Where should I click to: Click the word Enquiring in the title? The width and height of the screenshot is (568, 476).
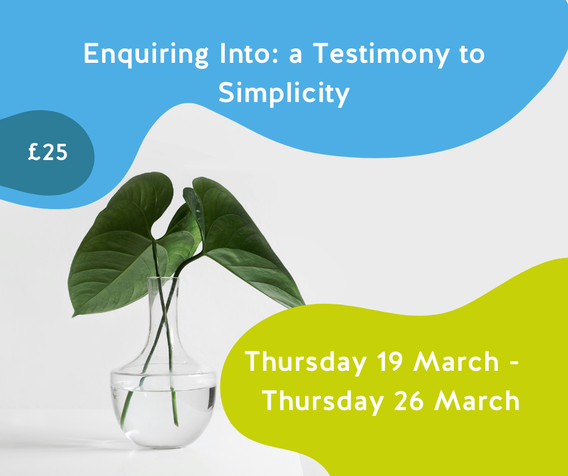146,55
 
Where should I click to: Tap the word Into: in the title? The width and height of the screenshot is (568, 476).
249,53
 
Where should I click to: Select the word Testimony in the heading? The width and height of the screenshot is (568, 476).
381,55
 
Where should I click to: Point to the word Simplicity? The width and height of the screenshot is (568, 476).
284,93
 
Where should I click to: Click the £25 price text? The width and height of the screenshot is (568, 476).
48,152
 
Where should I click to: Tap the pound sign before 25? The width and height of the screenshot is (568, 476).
34,152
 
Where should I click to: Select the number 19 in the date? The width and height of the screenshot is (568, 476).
390,361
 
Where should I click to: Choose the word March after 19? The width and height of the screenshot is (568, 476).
456,361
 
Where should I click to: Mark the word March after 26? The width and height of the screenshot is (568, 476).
477,400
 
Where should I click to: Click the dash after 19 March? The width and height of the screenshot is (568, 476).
514,362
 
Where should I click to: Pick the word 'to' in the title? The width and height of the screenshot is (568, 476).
473,54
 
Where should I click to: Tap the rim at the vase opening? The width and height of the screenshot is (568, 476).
163,278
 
